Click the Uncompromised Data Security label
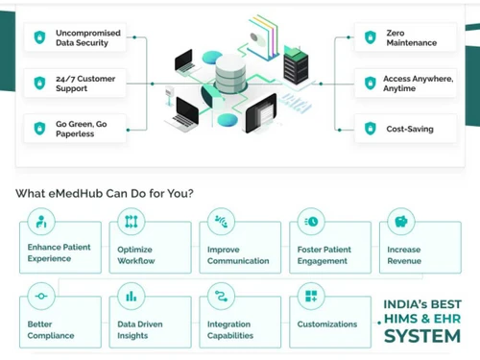coord(89,37)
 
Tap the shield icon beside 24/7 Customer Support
coord(39,83)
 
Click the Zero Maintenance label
coord(411,37)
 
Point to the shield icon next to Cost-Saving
coord(371,128)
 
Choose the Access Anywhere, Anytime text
coord(418,83)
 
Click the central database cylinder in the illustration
coord(230,74)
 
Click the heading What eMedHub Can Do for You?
coord(105,193)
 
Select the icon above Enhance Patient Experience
coord(39,223)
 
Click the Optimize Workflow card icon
coord(130,223)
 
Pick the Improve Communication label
coord(239,254)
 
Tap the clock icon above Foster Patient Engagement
coord(311,223)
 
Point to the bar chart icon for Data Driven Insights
coord(130,294)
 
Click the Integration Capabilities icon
coord(221,294)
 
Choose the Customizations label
coord(326,324)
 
